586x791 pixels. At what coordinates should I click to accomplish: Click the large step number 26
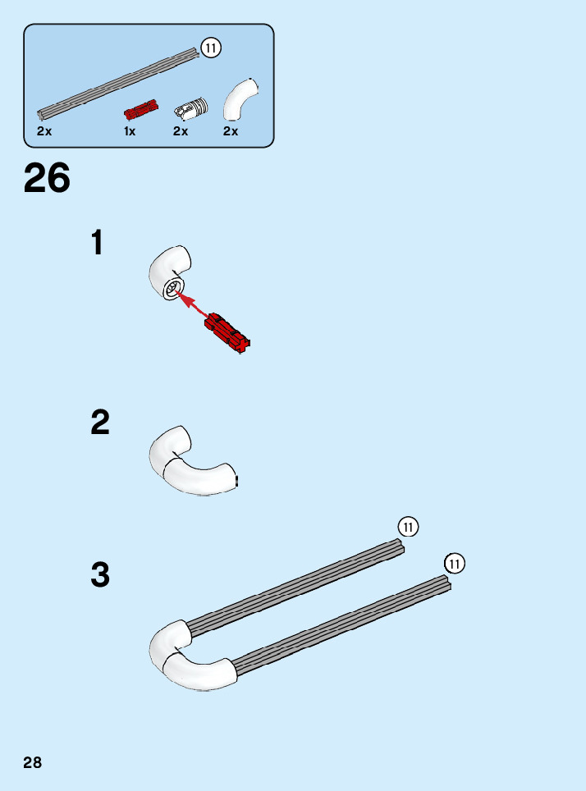[48, 178]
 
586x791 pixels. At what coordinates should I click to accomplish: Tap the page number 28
[33, 763]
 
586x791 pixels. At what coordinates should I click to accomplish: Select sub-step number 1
[98, 243]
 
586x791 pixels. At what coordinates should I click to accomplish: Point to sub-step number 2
[100, 423]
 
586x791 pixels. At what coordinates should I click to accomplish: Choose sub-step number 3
[100, 575]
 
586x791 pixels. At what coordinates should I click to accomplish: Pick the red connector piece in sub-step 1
[228, 332]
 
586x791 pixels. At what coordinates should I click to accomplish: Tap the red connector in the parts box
[141, 109]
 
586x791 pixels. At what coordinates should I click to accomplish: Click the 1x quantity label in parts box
[130, 131]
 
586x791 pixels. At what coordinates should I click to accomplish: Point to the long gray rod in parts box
[119, 83]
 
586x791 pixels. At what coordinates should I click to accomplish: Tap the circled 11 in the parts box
[211, 48]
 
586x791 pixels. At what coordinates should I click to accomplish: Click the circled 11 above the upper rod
[408, 526]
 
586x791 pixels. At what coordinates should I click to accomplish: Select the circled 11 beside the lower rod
[454, 564]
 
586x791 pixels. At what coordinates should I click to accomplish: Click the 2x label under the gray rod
[44, 131]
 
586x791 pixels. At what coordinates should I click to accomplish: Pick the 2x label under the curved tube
[231, 131]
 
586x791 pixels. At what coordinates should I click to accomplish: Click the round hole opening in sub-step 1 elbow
[173, 289]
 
